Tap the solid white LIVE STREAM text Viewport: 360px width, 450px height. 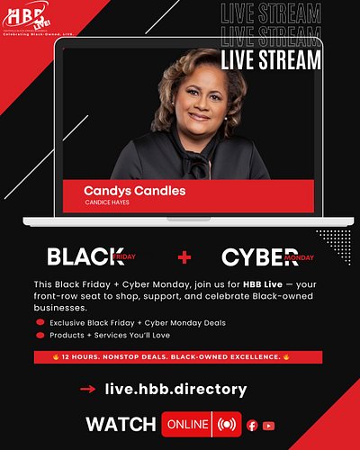[271, 60]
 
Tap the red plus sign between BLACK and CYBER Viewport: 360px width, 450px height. [184, 257]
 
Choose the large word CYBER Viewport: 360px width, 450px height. [259, 257]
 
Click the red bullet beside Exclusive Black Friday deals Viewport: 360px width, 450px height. [40, 322]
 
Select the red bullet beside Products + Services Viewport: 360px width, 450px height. [40, 336]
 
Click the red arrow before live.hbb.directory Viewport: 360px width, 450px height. [88, 390]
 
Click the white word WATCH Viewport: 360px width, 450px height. [121, 424]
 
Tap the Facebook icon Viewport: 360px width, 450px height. [252, 425]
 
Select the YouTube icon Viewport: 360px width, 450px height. [268, 425]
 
